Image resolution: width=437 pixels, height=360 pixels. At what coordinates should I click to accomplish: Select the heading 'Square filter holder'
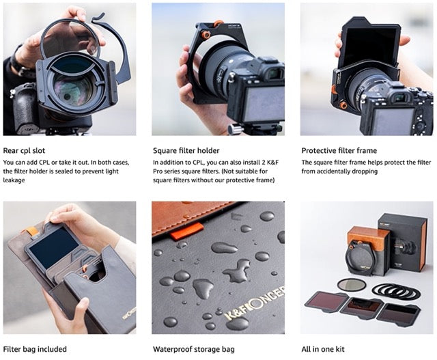coord(186,150)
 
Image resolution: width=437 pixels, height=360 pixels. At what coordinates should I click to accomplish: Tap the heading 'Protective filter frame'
coord(339,150)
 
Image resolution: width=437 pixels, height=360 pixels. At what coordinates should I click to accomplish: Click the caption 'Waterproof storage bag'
coord(192,349)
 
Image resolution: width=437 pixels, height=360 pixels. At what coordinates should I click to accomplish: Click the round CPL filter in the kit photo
coord(351,284)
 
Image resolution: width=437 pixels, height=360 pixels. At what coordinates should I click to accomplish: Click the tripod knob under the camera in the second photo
coord(234,128)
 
